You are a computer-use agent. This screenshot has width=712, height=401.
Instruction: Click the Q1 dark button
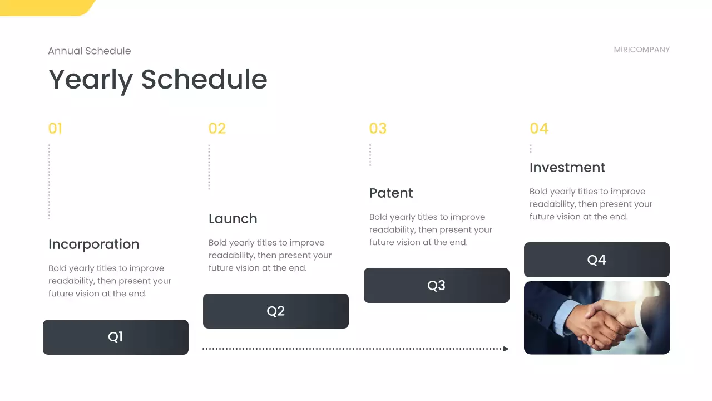pos(116,337)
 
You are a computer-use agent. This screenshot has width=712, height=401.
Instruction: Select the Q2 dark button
pos(276,311)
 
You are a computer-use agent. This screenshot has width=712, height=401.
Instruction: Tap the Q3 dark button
pos(437,285)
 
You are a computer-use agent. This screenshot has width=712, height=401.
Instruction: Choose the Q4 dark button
pos(597,260)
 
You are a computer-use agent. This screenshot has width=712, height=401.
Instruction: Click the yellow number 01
pos(55,129)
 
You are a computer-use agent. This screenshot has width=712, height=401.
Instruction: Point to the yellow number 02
pos(217,129)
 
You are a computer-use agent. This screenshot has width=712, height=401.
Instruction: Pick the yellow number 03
pos(378,129)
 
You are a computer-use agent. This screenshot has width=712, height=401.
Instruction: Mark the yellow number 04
pos(539,129)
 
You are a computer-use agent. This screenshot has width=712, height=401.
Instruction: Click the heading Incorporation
pos(94,244)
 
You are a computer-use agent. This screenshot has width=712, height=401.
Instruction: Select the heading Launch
pos(233,219)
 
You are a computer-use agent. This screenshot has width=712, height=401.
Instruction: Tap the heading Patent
pos(391,193)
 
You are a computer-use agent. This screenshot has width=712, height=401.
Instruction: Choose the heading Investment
pos(567,168)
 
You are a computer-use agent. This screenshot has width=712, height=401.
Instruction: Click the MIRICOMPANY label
pos(642,50)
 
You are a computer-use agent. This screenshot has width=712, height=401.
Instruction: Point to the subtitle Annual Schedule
pos(90,51)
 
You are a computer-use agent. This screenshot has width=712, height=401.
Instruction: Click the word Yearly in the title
pos(91,80)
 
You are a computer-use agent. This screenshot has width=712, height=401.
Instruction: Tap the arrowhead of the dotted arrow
pos(506,349)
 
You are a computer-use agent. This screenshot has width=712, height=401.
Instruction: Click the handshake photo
pos(597,317)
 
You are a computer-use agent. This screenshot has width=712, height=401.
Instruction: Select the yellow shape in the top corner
pos(48,8)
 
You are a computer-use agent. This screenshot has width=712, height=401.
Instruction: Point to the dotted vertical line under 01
pos(50,182)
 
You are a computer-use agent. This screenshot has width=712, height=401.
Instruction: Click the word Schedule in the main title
pos(204,80)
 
